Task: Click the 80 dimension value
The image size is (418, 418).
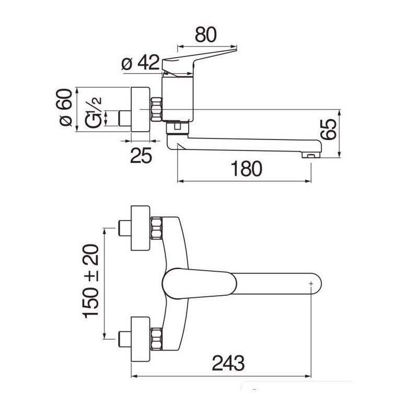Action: pos(206,34)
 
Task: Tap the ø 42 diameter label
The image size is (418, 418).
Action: pos(141,63)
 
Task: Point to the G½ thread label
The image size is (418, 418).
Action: pos(94,113)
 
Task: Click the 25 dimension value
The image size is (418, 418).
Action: pos(141,155)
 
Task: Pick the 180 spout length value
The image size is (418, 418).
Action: pos(246,168)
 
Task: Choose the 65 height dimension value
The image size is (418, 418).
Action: pos(329,129)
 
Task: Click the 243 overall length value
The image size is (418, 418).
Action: pos(228,363)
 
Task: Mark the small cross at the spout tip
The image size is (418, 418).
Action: pos(311,284)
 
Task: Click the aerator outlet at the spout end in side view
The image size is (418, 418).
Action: pos(311,155)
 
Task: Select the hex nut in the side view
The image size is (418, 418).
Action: pos(156,109)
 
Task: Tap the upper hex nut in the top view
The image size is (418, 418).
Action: pos(156,228)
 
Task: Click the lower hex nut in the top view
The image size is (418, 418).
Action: pos(156,339)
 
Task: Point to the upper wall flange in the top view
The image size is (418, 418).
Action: pos(141,228)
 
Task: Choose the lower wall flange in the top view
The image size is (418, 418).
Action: pos(141,339)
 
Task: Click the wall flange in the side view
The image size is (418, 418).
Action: pos(141,109)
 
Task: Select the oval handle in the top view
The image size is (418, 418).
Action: pos(200,284)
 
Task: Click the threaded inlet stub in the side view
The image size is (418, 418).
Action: pos(125,118)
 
